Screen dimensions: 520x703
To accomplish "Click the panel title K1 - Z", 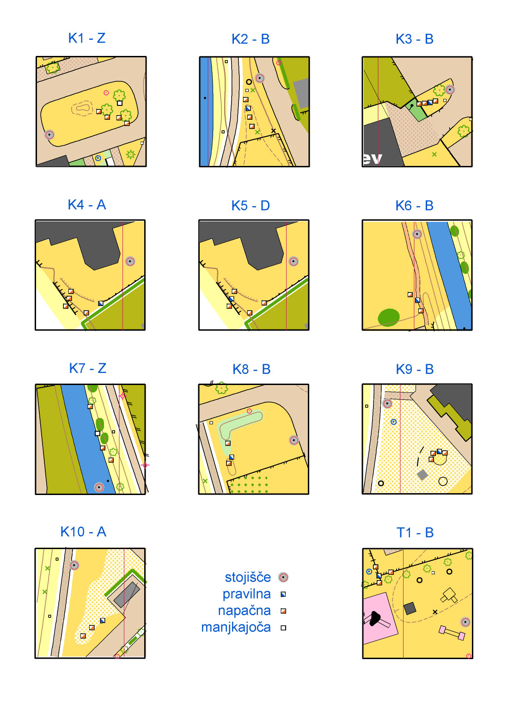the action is click(86, 38).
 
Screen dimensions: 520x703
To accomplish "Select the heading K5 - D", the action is click(251, 206).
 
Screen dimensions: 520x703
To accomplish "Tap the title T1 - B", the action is click(415, 533).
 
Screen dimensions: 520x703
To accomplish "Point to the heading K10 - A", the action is click(83, 532).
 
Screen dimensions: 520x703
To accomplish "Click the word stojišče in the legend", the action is click(248, 577).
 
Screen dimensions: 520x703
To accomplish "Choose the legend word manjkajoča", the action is click(236, 627).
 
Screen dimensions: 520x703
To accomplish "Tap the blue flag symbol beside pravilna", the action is click(283, 594).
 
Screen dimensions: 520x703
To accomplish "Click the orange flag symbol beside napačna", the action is click(283, 611).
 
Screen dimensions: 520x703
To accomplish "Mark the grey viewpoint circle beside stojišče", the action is click(283, 577).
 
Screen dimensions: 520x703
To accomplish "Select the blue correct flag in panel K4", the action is click(100, 303).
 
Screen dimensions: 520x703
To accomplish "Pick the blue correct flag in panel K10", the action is click(103, 620).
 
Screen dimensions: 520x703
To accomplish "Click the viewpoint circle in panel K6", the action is click(417, 234).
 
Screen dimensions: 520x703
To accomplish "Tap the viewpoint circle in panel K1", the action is click(49, 134).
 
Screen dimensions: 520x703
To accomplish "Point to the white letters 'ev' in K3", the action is click(372, 159).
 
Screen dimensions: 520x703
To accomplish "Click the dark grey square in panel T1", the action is click(410, 608).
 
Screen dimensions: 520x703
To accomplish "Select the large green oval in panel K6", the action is click(389, 317).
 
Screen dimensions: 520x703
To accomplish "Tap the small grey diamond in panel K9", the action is click(422, 475).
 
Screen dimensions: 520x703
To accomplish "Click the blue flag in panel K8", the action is click(232, 457).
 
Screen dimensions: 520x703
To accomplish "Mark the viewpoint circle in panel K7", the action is click(99, 487).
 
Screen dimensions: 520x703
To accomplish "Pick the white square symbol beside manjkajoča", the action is click(283, 628).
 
